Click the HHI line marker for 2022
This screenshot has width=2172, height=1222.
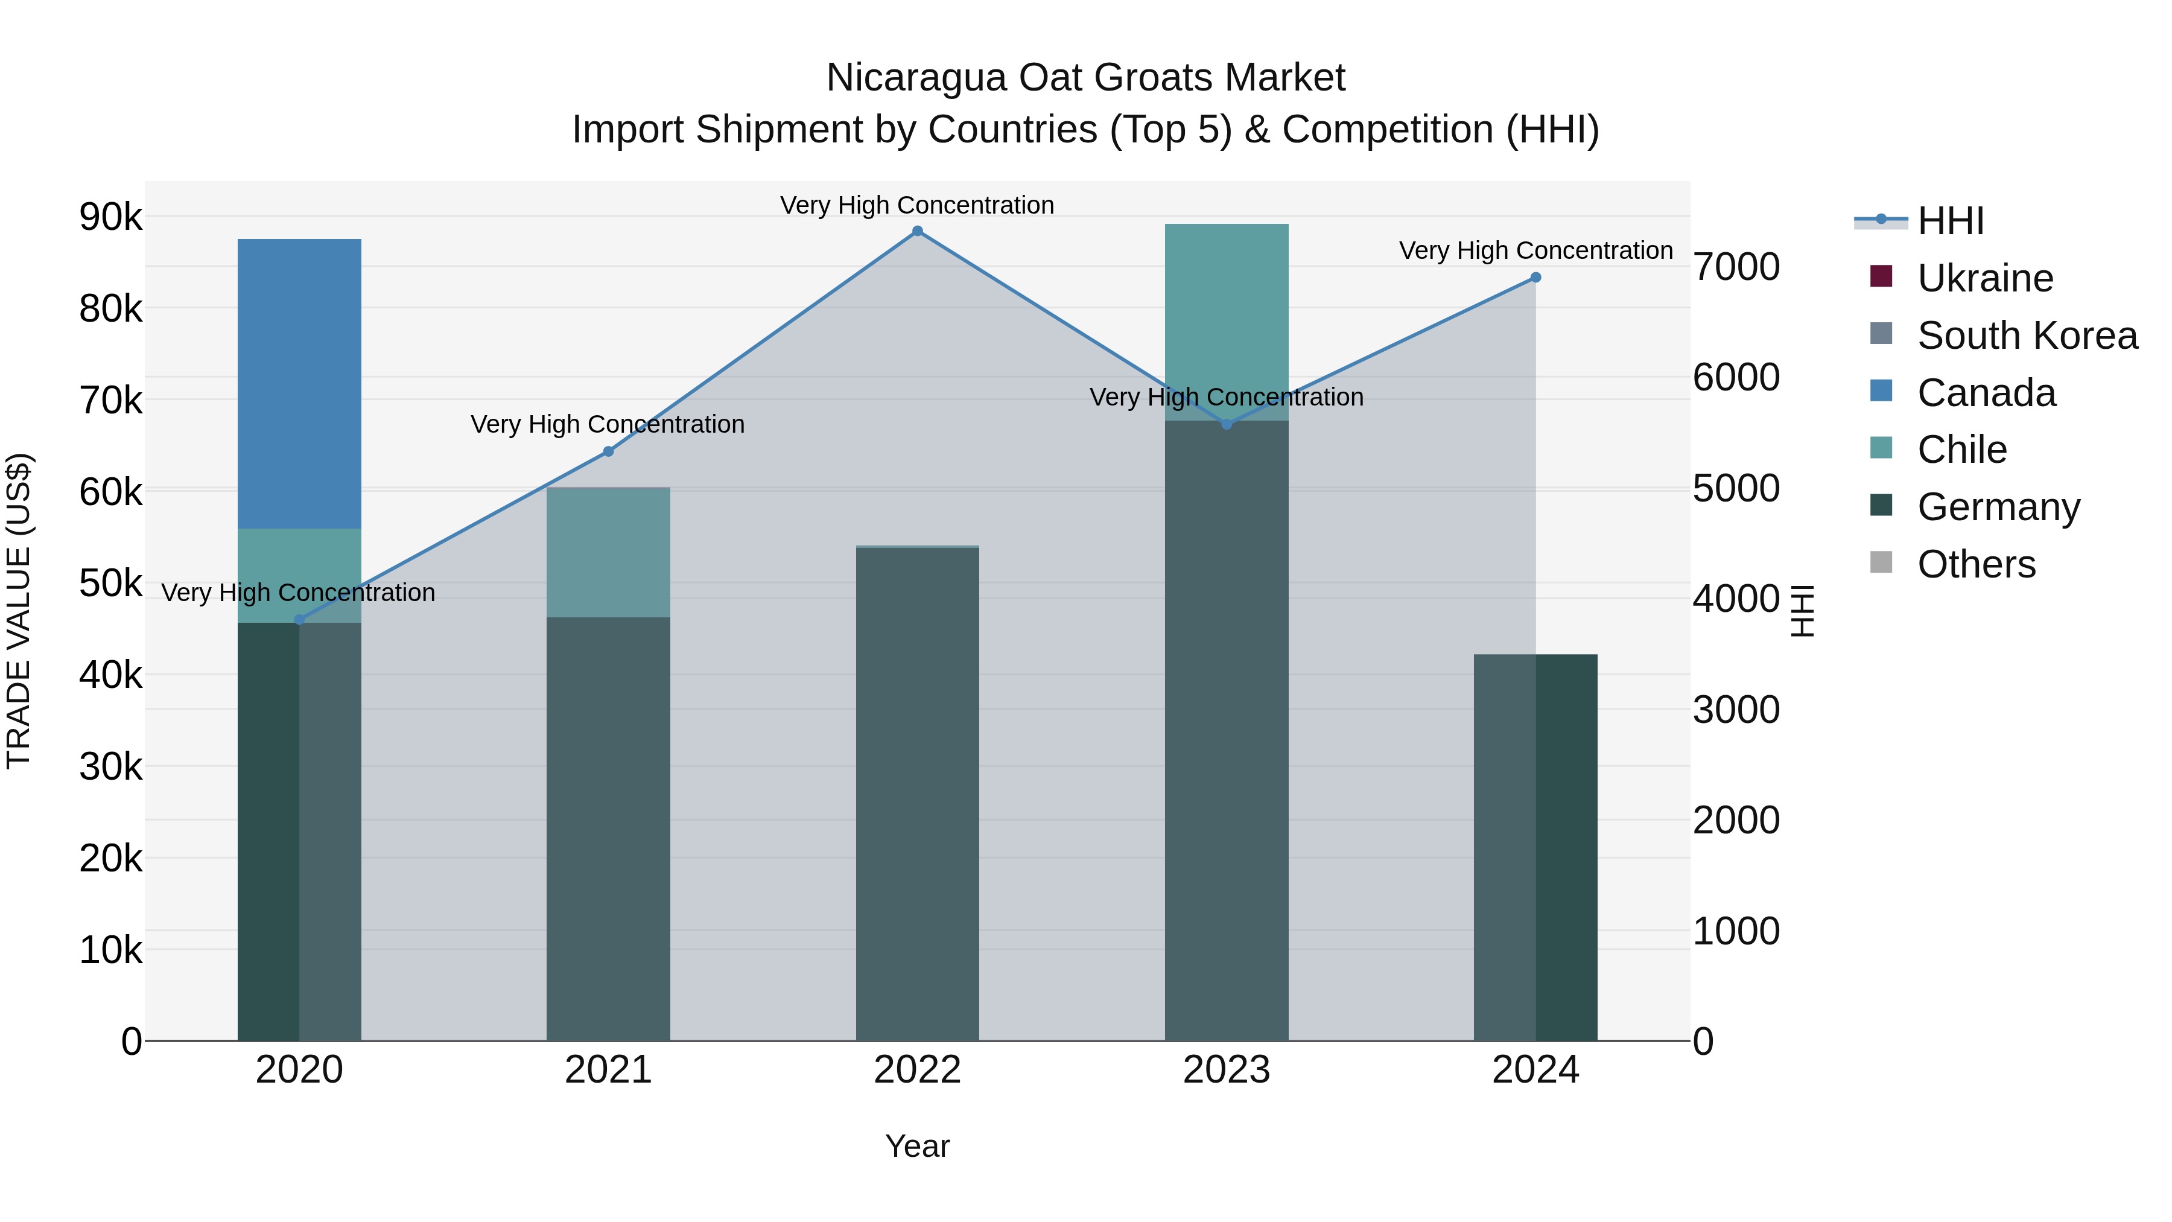(917, 231)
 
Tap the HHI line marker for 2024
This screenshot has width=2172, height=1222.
(1535, 278)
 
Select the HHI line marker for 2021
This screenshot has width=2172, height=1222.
(608, 451)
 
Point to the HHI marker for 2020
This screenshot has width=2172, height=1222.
(299, 620)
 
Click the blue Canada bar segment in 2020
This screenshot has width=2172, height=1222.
(299, 384)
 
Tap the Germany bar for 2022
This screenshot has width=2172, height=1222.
(917, 793)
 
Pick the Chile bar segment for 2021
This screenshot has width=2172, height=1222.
(608, 552)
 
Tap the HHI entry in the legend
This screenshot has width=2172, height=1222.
(1949, 221)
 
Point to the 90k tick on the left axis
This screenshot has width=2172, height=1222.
(110, 218)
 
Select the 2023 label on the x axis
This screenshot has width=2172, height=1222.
(1227, 1070)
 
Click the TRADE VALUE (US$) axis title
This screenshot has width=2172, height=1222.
(19, 611)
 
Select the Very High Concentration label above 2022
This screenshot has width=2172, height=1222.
(917, 205)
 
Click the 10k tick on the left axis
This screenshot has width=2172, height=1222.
(110, 950)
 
